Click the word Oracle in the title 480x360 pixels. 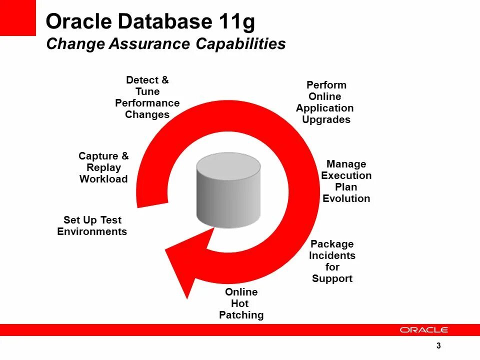pos(78,21)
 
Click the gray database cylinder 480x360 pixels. pos(228,190)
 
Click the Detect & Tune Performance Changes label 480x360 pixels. pos(147,97)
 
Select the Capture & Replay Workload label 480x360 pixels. pos(103,167)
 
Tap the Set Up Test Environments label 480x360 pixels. pos(92,225)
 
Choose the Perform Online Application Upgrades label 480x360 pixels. pos(325,102)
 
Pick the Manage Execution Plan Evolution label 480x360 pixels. pos(346,181)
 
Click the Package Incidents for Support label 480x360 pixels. pos(332,261)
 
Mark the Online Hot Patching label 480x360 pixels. pos(241,303)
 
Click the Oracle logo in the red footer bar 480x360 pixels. pos(424,330)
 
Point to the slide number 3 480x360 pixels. pos(438,346)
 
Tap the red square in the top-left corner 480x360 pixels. pos(17,17)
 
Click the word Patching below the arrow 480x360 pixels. pos(241,315)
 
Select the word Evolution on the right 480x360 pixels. pos(346,198)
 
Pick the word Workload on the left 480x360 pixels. pos(103,179)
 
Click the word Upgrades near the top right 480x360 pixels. pos(326,119)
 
